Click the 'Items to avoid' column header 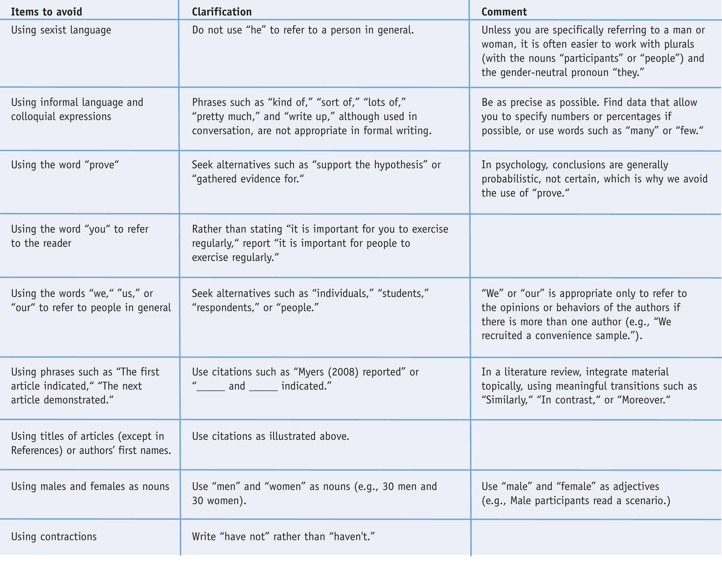coord(46,12)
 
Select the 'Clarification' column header coord(221,12)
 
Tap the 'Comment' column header coord(504,12)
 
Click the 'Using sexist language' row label coord(61,30)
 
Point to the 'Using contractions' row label coord(54,536)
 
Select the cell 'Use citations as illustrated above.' coord(270,436)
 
